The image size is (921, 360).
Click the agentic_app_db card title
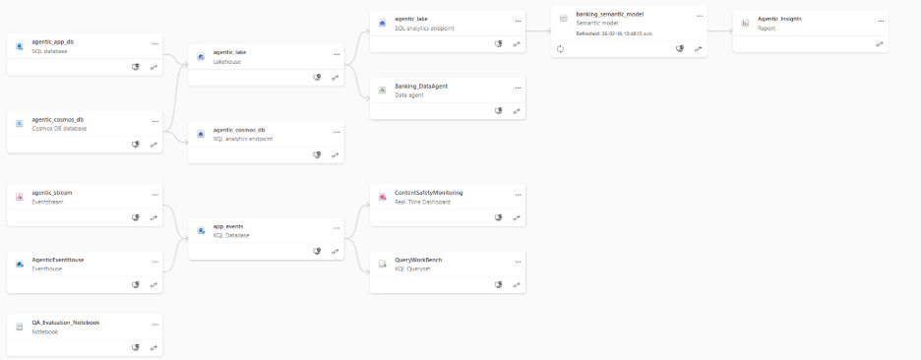pos(53,42)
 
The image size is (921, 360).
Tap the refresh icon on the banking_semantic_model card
pos(560,48)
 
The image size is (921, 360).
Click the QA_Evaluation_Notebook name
pos(66,322)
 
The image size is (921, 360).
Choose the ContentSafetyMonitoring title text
pos(428,193)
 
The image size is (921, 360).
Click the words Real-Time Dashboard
pos(422,202)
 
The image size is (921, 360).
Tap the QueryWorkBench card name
pos(418,260)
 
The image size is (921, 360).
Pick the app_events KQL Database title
pos(228,226)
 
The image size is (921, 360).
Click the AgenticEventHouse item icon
pos(20,264)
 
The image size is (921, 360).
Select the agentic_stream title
pos(52,193)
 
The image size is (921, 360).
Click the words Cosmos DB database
pos(59,129)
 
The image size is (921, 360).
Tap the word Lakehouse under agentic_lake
pos(227,62)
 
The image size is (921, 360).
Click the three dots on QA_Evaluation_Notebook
pos(154,323)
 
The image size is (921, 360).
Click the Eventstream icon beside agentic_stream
pos(20,197)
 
